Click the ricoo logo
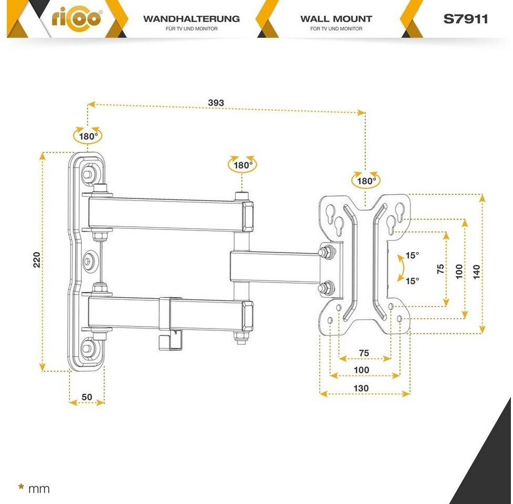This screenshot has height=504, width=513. [77, 18]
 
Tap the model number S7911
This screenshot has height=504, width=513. [465, 19]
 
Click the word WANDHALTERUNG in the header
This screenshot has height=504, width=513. [192, 19]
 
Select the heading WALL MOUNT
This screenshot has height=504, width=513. [337, 19]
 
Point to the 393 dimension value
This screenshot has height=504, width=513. [216, 103]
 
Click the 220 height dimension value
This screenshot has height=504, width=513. [37, 260]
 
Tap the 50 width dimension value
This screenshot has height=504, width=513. [87, 397]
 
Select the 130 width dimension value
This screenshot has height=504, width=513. [361, 388]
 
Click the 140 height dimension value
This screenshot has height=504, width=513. [476, 272]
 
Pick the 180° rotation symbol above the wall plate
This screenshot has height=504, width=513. [88, 135]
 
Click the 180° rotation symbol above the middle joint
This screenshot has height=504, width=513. [243, 164]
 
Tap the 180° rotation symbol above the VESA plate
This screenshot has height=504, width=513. [366, 180]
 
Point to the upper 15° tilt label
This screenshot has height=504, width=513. [412, 255]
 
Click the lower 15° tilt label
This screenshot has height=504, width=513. [412, 281]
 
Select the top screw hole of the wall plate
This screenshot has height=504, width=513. [87, 174]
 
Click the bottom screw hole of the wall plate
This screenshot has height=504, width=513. [87, 348]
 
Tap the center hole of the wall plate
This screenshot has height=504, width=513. [88, 261]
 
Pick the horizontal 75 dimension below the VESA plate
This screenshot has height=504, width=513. [364, 353]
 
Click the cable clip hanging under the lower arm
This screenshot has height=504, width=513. [170, 340]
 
